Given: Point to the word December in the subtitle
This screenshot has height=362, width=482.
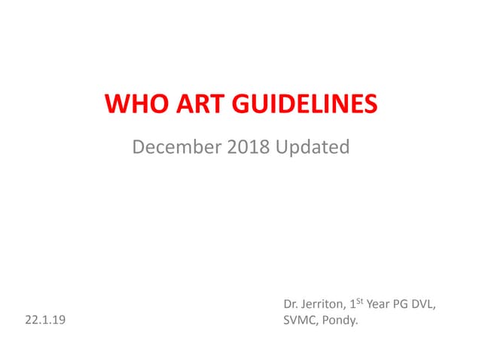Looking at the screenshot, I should point(176,146).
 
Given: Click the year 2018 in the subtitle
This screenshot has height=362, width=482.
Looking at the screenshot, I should point(248,146).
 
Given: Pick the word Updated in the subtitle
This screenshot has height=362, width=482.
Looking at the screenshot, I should point(313,146).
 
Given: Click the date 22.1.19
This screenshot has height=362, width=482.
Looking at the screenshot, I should point(45,320).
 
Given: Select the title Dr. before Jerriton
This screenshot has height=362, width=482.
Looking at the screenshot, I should point(291,305).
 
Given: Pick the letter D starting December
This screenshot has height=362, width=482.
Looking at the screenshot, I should point(139,146).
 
